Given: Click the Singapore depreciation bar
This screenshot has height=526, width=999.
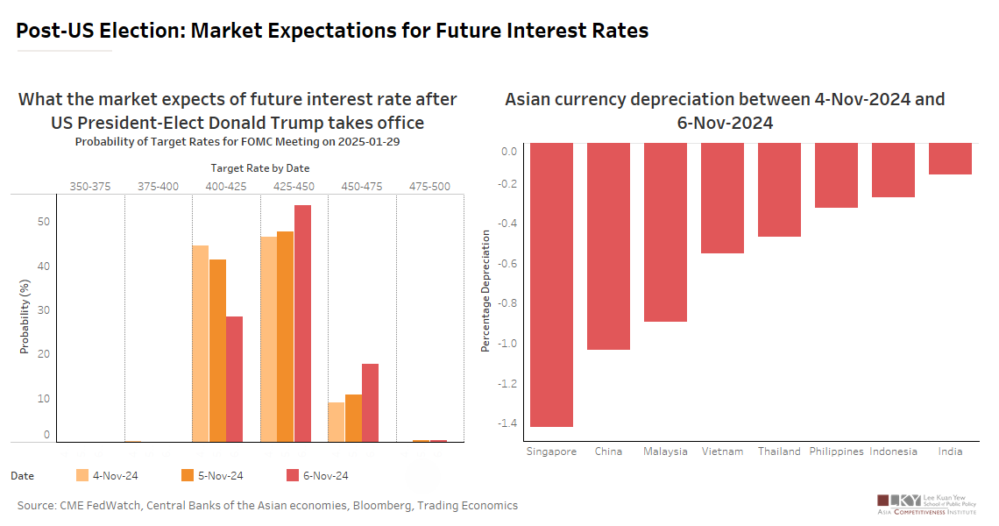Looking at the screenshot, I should tap(551, 285).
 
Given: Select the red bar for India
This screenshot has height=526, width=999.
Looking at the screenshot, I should tap(950, 159).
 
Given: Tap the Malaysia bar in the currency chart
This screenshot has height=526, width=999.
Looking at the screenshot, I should tap(665, 232).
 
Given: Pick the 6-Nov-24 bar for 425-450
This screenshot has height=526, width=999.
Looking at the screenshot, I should tap(302, 323).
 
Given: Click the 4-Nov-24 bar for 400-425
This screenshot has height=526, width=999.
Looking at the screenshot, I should tap(201, 344).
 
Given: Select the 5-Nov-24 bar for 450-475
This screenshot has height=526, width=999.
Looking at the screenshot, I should tap(353, 418).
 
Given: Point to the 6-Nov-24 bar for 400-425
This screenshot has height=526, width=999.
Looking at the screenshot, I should tap(235, 379).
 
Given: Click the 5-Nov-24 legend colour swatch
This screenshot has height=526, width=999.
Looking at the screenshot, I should tap(188, 475).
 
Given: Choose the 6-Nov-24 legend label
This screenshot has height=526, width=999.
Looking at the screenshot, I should tap(326, 476).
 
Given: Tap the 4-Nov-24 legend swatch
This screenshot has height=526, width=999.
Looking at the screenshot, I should tap(82, 475).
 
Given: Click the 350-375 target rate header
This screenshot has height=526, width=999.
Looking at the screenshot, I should tap(89, 186).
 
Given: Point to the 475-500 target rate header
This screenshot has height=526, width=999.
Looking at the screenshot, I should tap(429, 186).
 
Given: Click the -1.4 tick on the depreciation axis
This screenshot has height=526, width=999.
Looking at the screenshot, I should tap(507, 423).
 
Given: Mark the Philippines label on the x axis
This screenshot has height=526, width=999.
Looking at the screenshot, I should tap(836, 451).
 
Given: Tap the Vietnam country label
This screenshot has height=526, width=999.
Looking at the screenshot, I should tap(722, 451).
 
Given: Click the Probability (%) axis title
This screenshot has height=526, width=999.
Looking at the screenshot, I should tap(25, 316).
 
